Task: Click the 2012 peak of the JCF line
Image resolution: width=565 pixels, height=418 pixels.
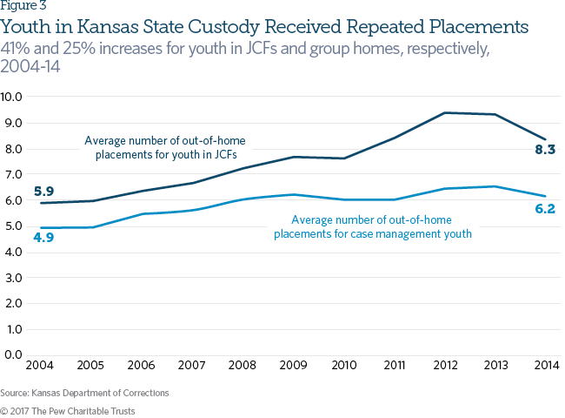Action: click(x=446, y=112)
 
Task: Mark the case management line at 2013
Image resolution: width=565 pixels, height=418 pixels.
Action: click(x=495, y=186)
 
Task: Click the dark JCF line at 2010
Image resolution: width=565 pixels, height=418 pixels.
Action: click(x=345, y=158)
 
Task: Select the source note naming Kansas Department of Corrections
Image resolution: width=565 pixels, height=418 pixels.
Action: click(x=84, y=393)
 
